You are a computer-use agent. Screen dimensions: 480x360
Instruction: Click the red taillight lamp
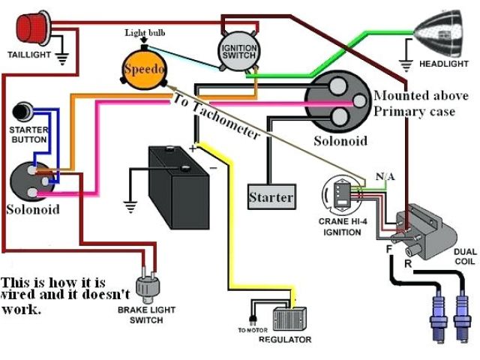(x=33, y=27)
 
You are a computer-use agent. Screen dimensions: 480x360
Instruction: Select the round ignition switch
(x=238, y=52)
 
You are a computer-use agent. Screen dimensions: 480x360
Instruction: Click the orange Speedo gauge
(x=144, y=68)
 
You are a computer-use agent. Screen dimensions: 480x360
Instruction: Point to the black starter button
(x=22, y=112)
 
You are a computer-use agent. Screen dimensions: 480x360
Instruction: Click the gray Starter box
(x=271, y=196)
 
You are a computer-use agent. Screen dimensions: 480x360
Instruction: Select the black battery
(x=178, y=187)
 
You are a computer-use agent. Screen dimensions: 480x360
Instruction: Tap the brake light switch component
(x=148, y=286)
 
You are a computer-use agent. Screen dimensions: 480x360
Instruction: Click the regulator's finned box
(x=289, y=319)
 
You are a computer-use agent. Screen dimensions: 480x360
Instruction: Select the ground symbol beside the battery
(x=130, y=207)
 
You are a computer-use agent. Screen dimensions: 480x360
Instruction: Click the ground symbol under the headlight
(x=406, y=65)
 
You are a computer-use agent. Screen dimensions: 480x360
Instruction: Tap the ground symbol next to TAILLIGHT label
(x=61, y=58)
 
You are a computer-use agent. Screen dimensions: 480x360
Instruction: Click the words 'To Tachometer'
(x=216, y=117)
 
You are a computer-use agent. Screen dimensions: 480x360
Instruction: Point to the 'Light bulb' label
(x=145, y=33)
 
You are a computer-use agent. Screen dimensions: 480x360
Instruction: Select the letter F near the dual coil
(x=389, y=249)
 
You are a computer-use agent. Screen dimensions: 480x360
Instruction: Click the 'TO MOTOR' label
(x=253, y=330)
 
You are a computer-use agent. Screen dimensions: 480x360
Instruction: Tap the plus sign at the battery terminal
(x=192, y=148)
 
